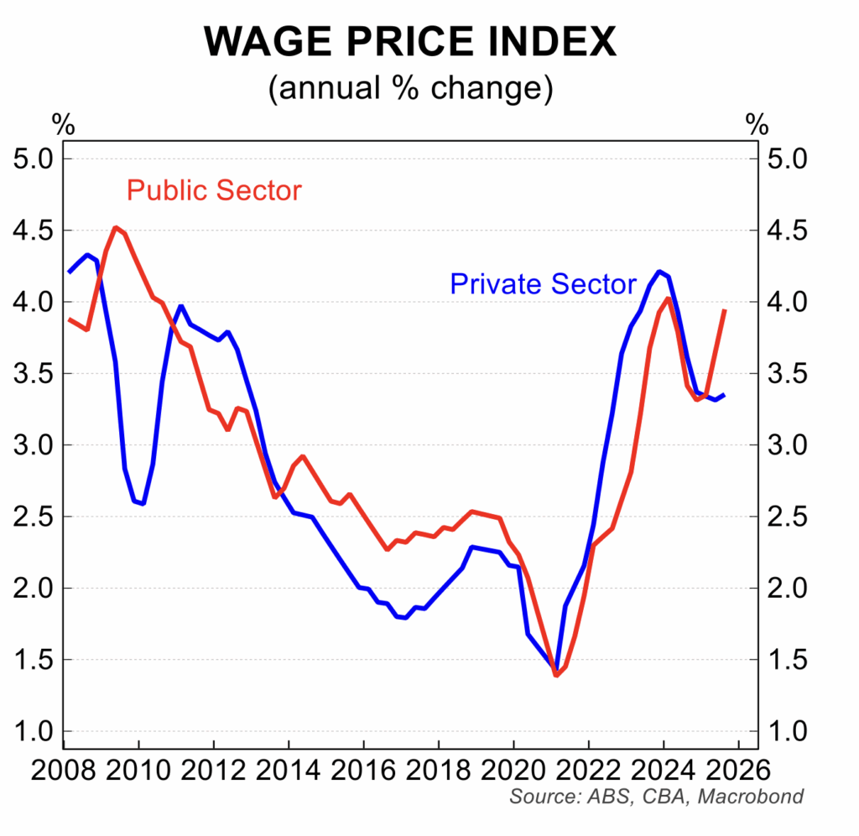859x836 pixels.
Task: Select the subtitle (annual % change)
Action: pos(410,89)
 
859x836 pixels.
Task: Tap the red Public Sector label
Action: pos(213,190)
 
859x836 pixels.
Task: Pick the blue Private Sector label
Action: pos(543,284)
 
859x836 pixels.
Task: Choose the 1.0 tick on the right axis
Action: pos(789,731)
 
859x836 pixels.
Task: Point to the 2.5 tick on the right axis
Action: pos(789,517)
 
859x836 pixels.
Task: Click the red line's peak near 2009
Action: pos(116,227)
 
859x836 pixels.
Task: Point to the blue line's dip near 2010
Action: pos(143,503)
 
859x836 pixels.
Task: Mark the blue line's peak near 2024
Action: pos(660,272)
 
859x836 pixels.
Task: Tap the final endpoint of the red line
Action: pos(724,310)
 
